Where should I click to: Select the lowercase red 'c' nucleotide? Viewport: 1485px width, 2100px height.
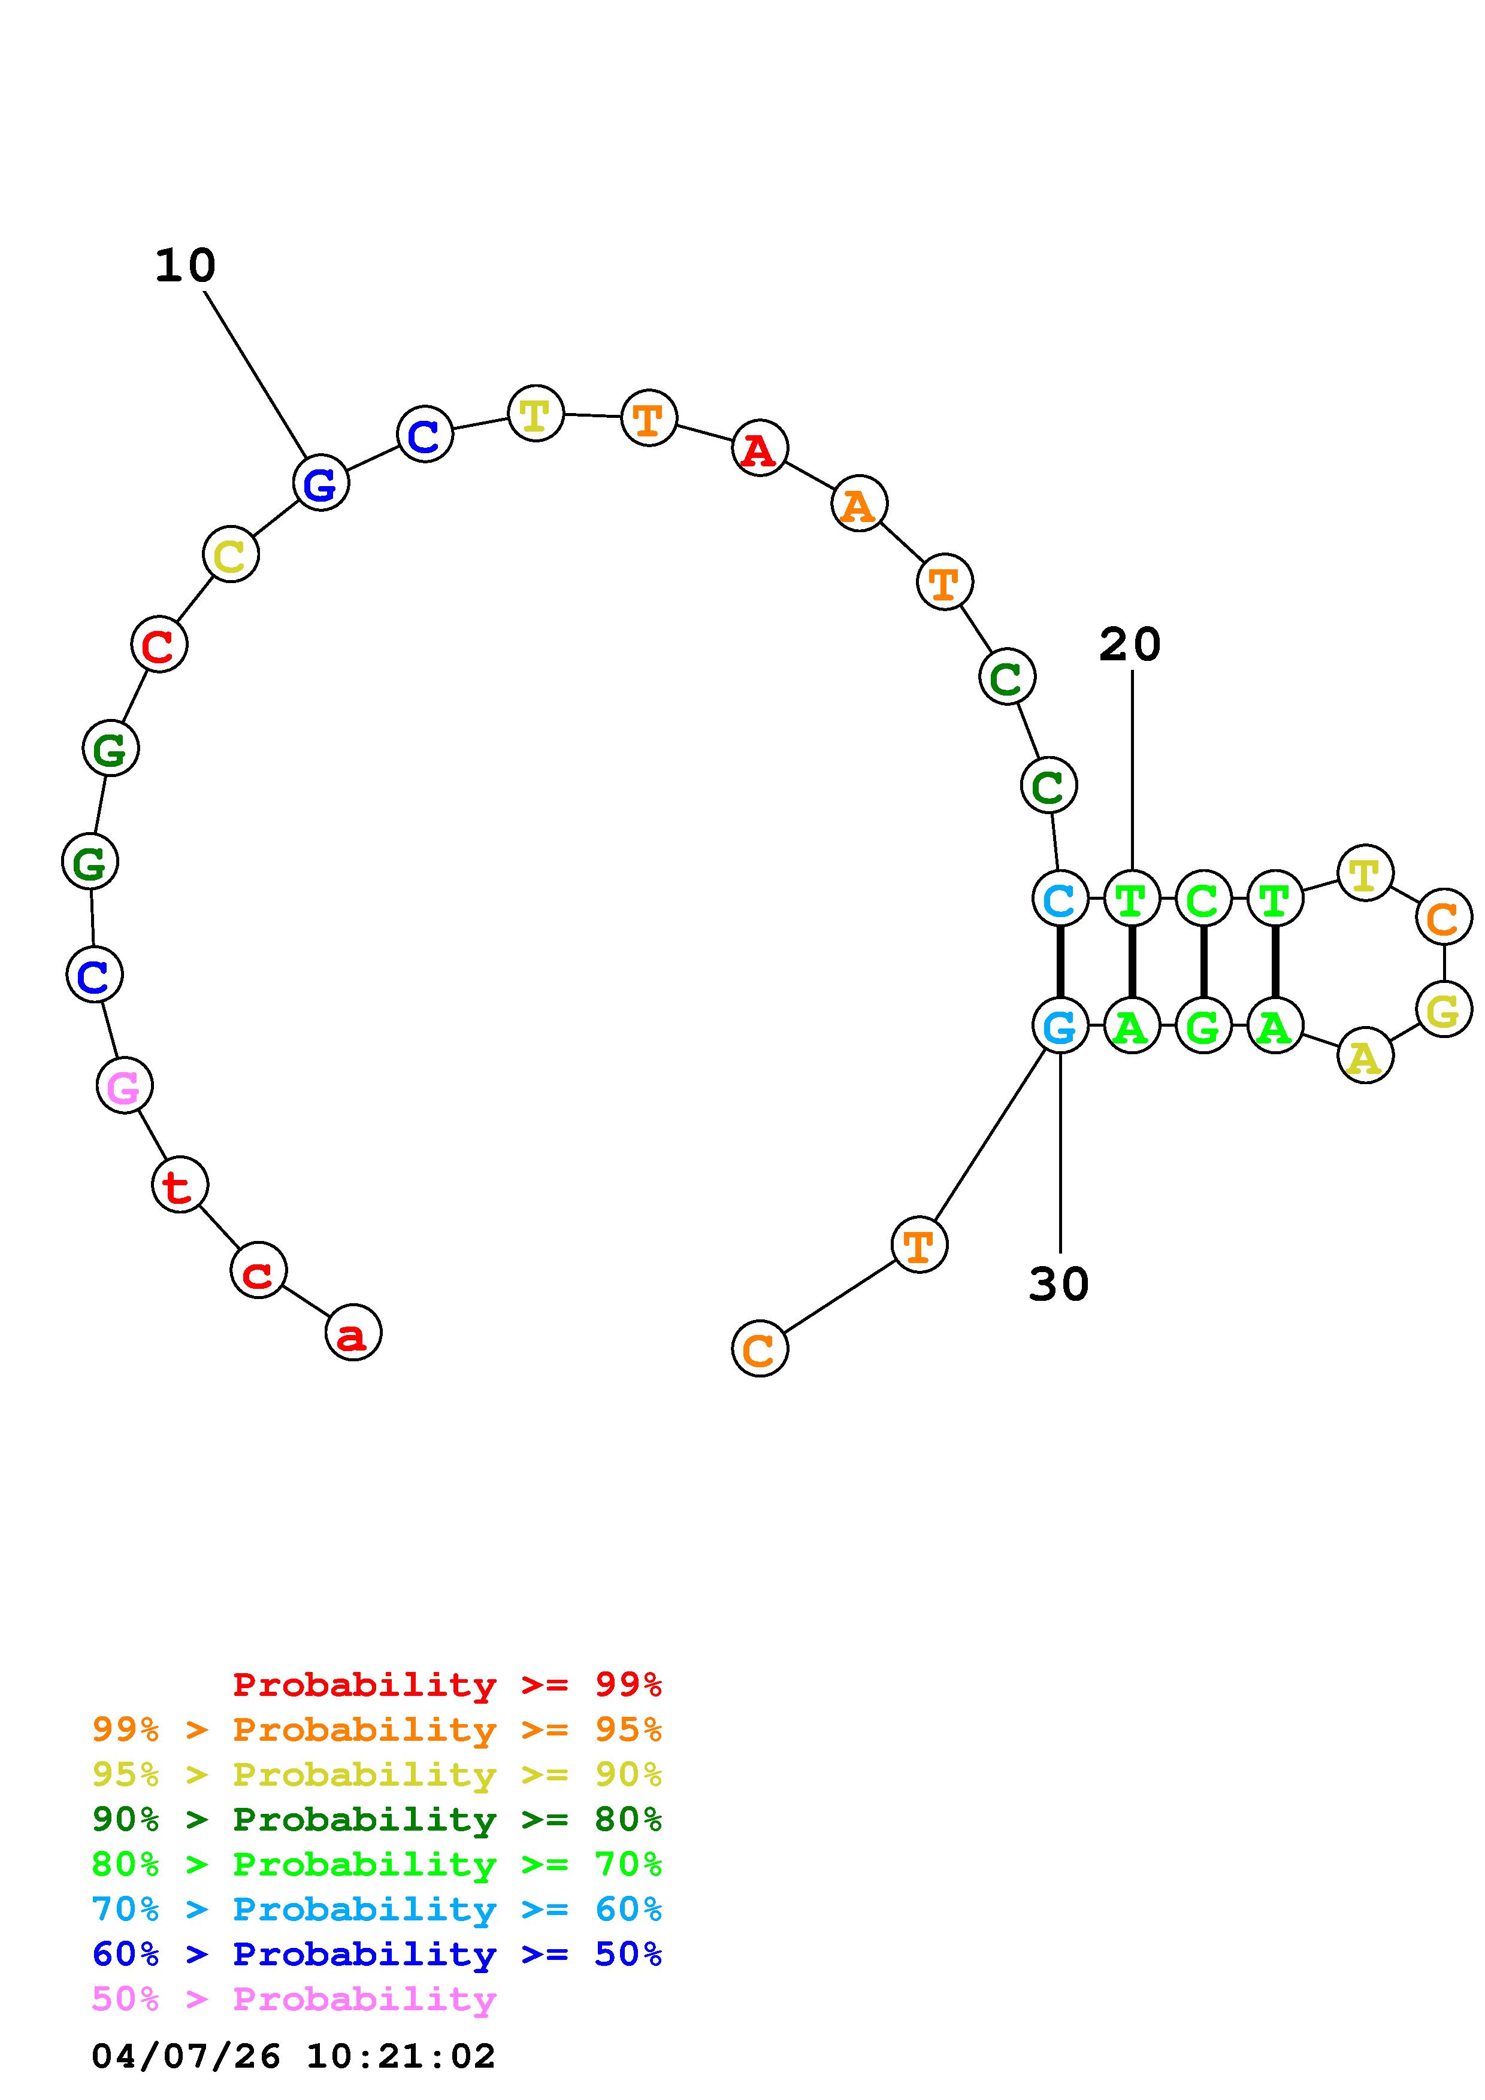click(x=259, y=1270)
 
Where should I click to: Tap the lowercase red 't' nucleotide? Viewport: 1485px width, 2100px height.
click(x=180, y=1185)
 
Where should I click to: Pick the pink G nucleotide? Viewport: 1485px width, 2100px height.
click(x=125, y=1086)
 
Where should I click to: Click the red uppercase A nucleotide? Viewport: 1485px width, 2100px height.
click(x=760, y=448)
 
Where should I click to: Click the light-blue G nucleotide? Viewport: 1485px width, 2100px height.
click(x=1060, y=1025)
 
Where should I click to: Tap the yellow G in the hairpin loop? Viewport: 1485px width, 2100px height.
click(x=1443, y=1010)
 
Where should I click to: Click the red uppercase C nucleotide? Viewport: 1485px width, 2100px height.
click(x=159, y=645)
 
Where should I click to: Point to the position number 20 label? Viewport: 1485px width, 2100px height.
click(x=1130, y=644)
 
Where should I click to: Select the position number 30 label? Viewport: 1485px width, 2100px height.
click(x=1058, y=1284)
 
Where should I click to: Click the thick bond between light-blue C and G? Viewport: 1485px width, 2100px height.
click(x=1060, y=961)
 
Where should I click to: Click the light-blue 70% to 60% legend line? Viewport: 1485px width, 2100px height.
click(x=376, y=1909)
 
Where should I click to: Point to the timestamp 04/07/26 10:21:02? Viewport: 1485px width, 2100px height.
click(x=293, y=2056)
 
